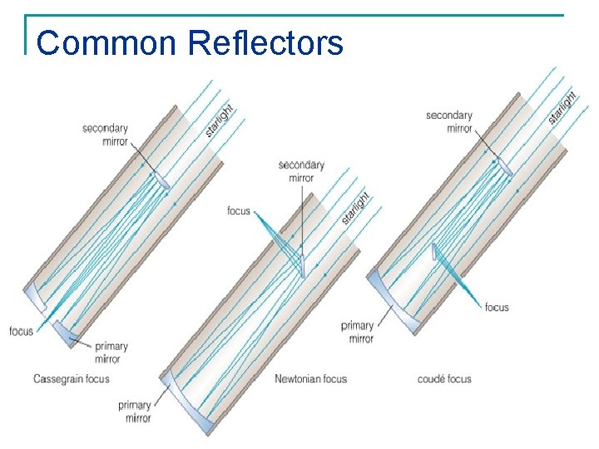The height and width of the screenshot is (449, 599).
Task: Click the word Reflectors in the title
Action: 265,42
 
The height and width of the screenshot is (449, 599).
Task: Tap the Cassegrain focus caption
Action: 71,379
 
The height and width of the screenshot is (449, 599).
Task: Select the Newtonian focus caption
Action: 310,379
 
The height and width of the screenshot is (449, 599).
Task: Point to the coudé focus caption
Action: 444,379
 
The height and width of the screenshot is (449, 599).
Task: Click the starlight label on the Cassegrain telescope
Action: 220,120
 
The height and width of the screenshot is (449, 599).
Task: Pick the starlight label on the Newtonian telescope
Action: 355,208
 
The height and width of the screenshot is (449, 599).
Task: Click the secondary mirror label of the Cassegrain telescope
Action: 105,135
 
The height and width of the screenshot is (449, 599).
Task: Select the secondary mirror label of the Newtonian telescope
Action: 301,171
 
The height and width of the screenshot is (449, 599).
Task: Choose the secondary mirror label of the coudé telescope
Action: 448,121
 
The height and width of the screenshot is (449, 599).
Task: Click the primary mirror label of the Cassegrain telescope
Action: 111,353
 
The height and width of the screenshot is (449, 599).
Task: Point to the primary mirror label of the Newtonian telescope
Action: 134,412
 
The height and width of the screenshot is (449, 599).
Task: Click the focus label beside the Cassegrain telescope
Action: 22,331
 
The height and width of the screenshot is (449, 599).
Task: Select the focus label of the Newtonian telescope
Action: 238,211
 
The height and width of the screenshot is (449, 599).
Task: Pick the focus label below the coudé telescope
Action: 497,308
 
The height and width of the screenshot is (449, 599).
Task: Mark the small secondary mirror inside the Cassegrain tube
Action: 161,180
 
